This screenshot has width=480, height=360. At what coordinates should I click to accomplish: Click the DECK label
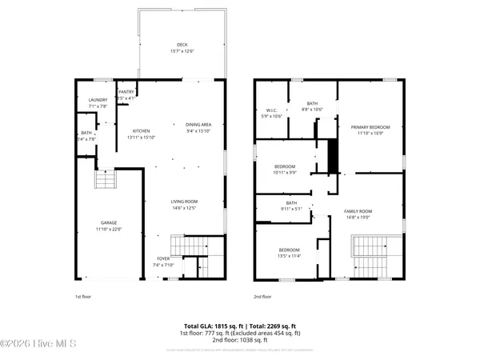point(182,44)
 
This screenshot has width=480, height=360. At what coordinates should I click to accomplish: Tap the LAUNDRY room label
point(98,100)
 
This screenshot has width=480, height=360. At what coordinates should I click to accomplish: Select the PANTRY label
point(126,92)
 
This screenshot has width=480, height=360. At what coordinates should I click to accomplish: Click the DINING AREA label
point(198,124)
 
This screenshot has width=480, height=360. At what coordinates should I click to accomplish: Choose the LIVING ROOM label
point(184,201)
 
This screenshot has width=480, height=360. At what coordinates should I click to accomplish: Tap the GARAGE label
point(108,223)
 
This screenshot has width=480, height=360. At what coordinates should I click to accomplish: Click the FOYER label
point(163,258)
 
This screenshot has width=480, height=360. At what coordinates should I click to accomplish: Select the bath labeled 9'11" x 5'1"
point(291,202)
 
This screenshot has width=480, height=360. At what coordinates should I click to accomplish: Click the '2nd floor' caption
point(262,296)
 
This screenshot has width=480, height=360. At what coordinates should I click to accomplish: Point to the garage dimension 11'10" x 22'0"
point(108,229)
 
